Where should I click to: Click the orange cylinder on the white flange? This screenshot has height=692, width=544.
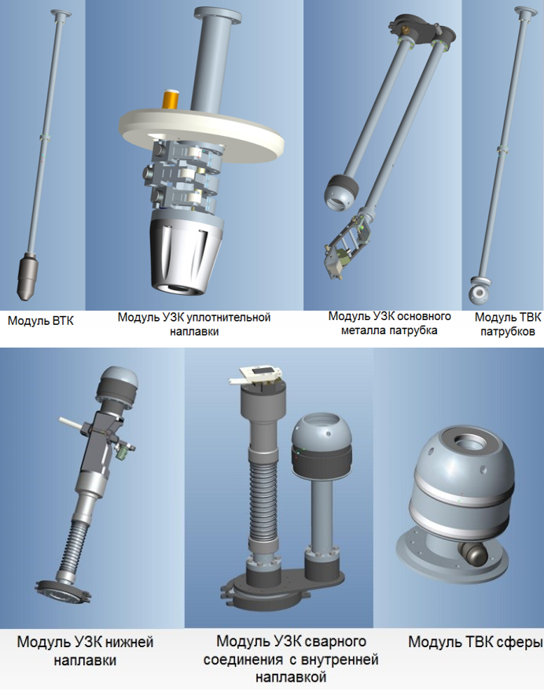pos(171,99)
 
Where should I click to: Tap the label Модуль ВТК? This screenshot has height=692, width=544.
pos(41,320)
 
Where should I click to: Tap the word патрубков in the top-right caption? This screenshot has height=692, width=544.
pos(507,331)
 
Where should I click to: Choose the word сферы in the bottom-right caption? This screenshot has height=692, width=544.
pos(520,642)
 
